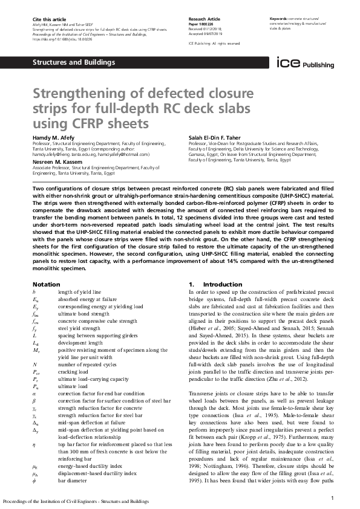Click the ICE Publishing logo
(301, 63)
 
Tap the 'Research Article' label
(204, 20)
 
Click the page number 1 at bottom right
(333, 497)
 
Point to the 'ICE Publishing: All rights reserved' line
(214, 44)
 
